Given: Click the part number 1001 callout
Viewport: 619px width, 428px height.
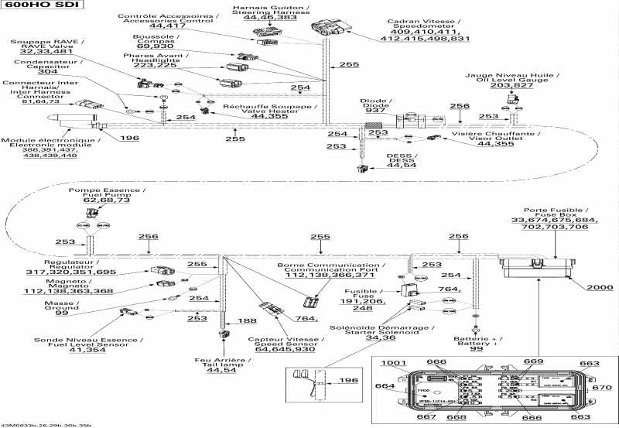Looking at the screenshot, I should click(x=393, y=362).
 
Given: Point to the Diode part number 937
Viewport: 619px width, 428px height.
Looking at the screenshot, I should click(x=376, y=110).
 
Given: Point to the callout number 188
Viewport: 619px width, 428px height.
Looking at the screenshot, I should click(x=248, y=320).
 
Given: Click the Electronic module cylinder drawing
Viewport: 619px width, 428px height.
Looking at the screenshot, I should click(x=70, y=120).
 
